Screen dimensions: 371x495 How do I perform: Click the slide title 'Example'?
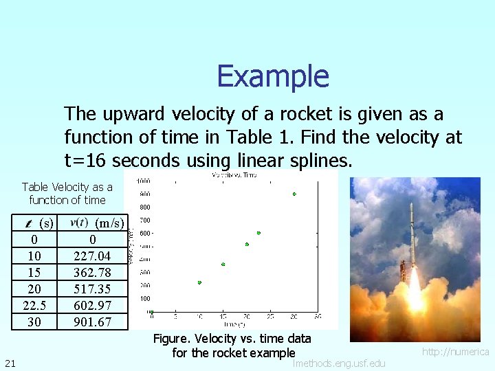click(x=273, y=76)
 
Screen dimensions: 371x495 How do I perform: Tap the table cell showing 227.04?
click(x=92, y=256)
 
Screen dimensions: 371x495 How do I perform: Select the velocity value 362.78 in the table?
click(x=92, y=273)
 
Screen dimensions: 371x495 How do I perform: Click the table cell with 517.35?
click(x=92, y=289)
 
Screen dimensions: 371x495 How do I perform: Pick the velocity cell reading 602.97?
click(x=92, y=306)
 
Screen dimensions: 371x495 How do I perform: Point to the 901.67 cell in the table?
click(x=92, y=322)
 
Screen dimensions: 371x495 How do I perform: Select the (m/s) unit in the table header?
click(x=109, y=223)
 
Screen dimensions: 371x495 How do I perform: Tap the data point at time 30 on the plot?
click(x=294, y=194)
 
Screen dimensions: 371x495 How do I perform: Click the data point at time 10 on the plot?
click(x=199, y=282)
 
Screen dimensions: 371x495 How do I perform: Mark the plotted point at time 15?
click(x=223, y=265)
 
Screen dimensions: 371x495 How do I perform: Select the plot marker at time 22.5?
click(x=258, y=233)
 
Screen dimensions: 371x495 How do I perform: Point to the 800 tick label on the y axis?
click(x=145, y=207)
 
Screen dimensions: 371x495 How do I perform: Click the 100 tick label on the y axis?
click(x=145, y=298)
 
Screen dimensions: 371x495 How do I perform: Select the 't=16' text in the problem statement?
click(x=87, y=161)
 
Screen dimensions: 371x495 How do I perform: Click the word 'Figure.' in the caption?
click(x=173, y=339)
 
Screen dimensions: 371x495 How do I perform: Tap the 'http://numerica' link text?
click(x=455, y=352)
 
